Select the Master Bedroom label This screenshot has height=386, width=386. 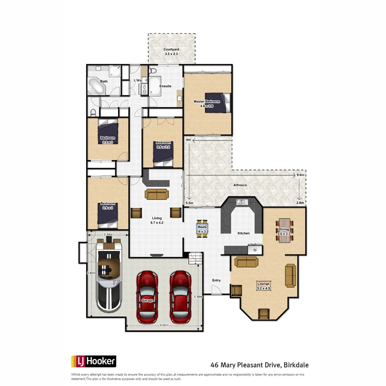click(x=207, y=101)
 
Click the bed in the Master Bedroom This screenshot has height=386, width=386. click(x=222, y=102)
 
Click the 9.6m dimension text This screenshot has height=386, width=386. click(x=301, y=176)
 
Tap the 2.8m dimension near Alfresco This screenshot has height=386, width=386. click(x=300, y=203)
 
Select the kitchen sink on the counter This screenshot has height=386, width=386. click(x=241, y=202)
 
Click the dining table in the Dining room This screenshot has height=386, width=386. click(x=285, y=227)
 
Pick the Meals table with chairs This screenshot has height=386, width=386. click(x=202, y=229)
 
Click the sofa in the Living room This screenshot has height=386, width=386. click(x=157, y=194)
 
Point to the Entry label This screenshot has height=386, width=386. click(x=216, y=280)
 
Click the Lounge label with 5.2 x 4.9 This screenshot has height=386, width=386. click(x=263, y=286)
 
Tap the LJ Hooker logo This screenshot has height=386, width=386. click(x=94, y=362)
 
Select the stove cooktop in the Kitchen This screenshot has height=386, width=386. click(x=254, y=250)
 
